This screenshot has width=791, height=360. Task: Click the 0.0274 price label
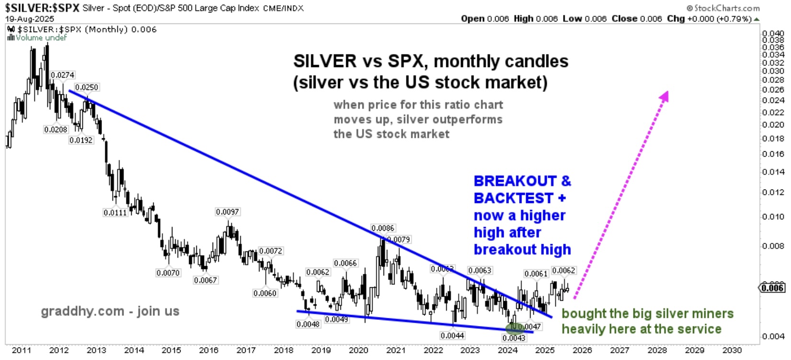62,75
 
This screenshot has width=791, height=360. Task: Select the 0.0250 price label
87,88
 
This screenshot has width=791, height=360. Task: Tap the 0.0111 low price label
115,213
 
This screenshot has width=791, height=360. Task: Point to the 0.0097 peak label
227,212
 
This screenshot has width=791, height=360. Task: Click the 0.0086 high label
383,228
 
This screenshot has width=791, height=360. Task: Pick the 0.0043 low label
514,338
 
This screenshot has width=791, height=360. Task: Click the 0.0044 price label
452,336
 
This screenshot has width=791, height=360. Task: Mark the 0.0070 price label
168,273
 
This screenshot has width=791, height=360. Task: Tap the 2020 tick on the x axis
358,350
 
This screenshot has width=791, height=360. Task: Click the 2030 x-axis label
732,350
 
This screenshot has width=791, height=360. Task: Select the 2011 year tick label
22,350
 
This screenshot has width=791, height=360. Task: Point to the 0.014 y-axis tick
773,172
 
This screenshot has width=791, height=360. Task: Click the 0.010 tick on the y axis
773,216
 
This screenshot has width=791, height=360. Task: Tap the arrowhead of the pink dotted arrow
664,96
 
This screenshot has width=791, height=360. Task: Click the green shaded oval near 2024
514,329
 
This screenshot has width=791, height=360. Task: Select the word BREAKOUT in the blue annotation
515,181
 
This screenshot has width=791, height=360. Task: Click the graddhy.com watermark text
110,311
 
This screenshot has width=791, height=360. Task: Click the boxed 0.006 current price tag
772,288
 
